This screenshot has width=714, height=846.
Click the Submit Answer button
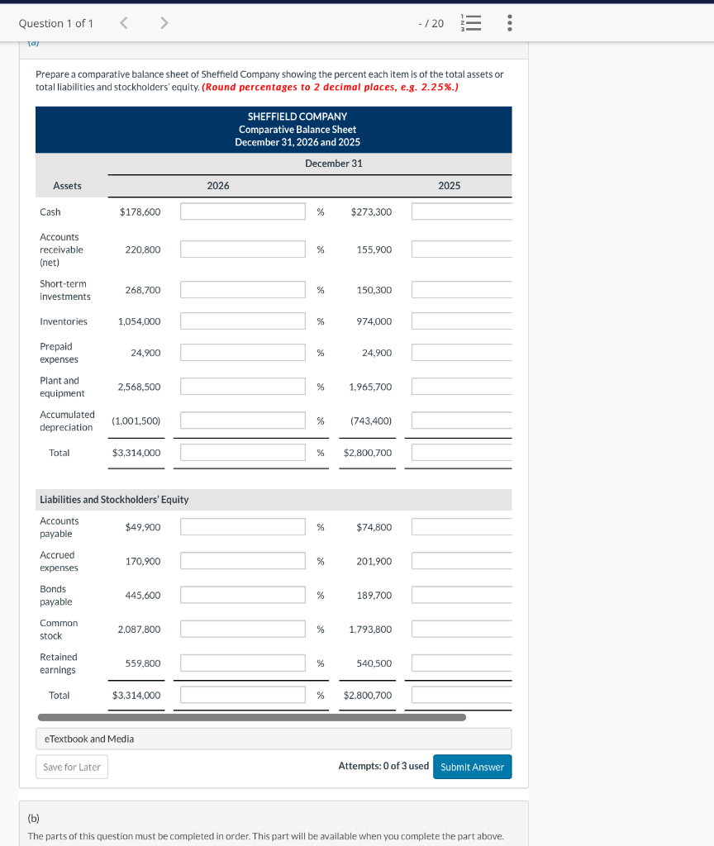pyautogui.click(x=472, y=767)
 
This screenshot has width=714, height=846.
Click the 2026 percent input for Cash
pyautogui.click(x=243, y=211)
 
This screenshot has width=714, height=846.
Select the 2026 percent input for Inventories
pyautogui.click(x=243, y=321)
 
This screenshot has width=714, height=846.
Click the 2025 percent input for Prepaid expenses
pyautogui.click(x=461, y=353)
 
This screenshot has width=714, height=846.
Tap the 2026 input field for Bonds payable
pyautogui.click(x=243, y=595)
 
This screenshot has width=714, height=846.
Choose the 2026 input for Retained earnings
pyautogui.click(x=243, y=663)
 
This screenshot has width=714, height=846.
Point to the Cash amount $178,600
pyautogui.click(x=140, y=212)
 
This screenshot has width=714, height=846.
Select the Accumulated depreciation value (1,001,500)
pyautogui.click(x=136, y=421)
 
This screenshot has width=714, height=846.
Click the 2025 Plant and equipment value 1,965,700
pyautogui.click(x=370, y=387)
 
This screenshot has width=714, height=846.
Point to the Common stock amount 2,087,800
pyautogui.click(x=139, y=630)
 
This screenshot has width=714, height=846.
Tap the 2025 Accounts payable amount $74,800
pyautogui.click(x=374, y=527)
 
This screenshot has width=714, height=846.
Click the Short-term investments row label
pyautogui.click(x=65, y=290)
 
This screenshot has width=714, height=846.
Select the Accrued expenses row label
pyautogui.click(x=59, y=561)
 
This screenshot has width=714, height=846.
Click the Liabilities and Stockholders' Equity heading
pyautogui.click(x=114, y=500)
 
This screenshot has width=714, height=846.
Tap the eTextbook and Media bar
pyautogui.click(x=273, y=739)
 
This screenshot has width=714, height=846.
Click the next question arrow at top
pyautogui.click(x=164, y=23)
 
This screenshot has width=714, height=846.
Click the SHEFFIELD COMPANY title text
pyautogui.click(x=297, y=116)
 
